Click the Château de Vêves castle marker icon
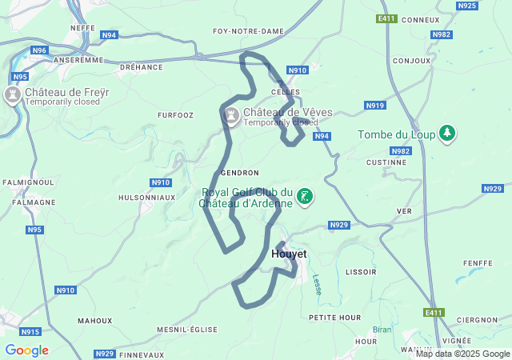pyautogui.click(x=232, y=117)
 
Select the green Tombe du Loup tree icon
pyautogui.click(x=448, y=134)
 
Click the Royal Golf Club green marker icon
pyautogui.click(x=304, y=196)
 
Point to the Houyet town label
pyautogui.click(x=289, y=254)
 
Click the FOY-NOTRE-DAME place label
pyautogui.click(x=238, y=31)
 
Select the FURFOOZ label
pyautogui.click(x=175, y=115)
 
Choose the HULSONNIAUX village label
pyautogui.click(x=146, y=197)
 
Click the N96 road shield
pyautogui.click(x=39, y=50)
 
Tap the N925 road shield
pyautogui.click(x=467, y=6)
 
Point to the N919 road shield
pyautogui.click(x=374, y=106)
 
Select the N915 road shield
pyautogui.click(x=30, y=331)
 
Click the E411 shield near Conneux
pyautogui.click(x=386, y=18)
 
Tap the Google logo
pyautogui.click(x=26, y=350)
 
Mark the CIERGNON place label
pyautogui.click(x=478, y=320)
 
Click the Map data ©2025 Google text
pyautogui.click(x=462, y=354)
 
